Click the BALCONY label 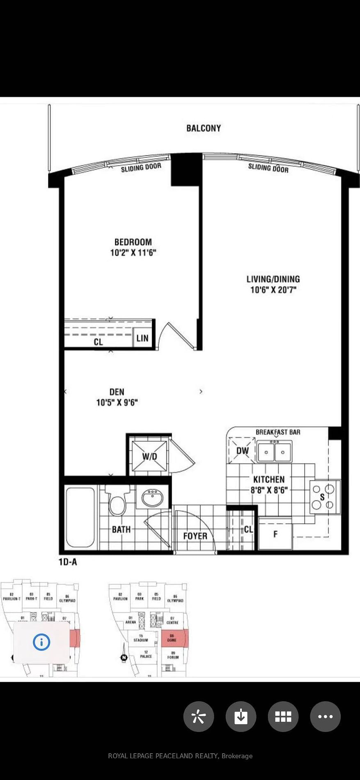point(204,128)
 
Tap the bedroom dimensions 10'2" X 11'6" point(133,252)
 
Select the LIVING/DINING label point(273,279)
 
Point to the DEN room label point(117,392)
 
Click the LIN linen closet point(142,338)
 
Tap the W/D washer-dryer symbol point(149,457)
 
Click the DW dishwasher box point(242,451)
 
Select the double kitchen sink point(275,452)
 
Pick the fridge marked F point(275,534)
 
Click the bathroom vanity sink point(152,498)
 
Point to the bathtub point(80,517)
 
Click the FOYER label point(195,536)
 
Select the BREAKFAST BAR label point(278,432)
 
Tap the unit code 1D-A point(68,562)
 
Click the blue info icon point(41,642)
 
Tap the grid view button point(283,716)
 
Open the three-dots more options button point(326,716)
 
